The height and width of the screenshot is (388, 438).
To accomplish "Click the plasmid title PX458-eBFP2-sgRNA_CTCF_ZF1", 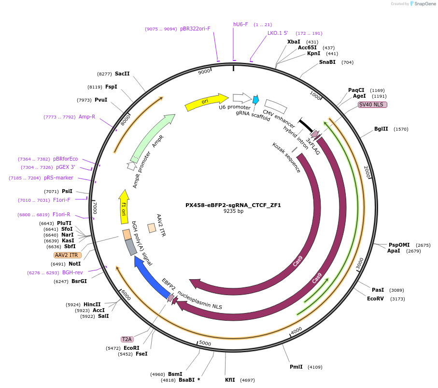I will (x=233, y=205).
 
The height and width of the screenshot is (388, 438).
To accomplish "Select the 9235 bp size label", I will (x=233, y=211).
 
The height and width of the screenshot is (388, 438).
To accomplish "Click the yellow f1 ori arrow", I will (x=124, y=207).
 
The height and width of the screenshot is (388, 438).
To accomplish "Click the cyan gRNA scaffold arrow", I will (x=255, y=100).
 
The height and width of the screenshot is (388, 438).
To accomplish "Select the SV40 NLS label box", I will (x=372, y=104).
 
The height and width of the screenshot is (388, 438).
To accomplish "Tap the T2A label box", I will (x=127, y=339).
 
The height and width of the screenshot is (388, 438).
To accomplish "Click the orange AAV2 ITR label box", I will (x=67, y=255).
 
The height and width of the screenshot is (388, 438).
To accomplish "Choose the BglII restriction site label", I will (x=381, y=129).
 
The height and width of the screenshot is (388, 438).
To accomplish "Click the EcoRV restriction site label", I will (x=375, y=299).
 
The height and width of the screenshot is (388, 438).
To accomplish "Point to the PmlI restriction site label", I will (x=296, y=367).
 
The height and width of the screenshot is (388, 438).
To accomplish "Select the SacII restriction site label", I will (x=122, y=74).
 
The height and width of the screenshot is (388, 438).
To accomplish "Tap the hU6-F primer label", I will (x=240, y=24).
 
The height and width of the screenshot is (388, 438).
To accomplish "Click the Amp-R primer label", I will (x=87, y=117).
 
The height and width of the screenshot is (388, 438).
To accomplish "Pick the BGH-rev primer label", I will (x=72, y=272).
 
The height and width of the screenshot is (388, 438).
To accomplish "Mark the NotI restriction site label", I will (x=74, y=264).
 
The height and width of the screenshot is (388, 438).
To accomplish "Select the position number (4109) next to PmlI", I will (x=315, y=367).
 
